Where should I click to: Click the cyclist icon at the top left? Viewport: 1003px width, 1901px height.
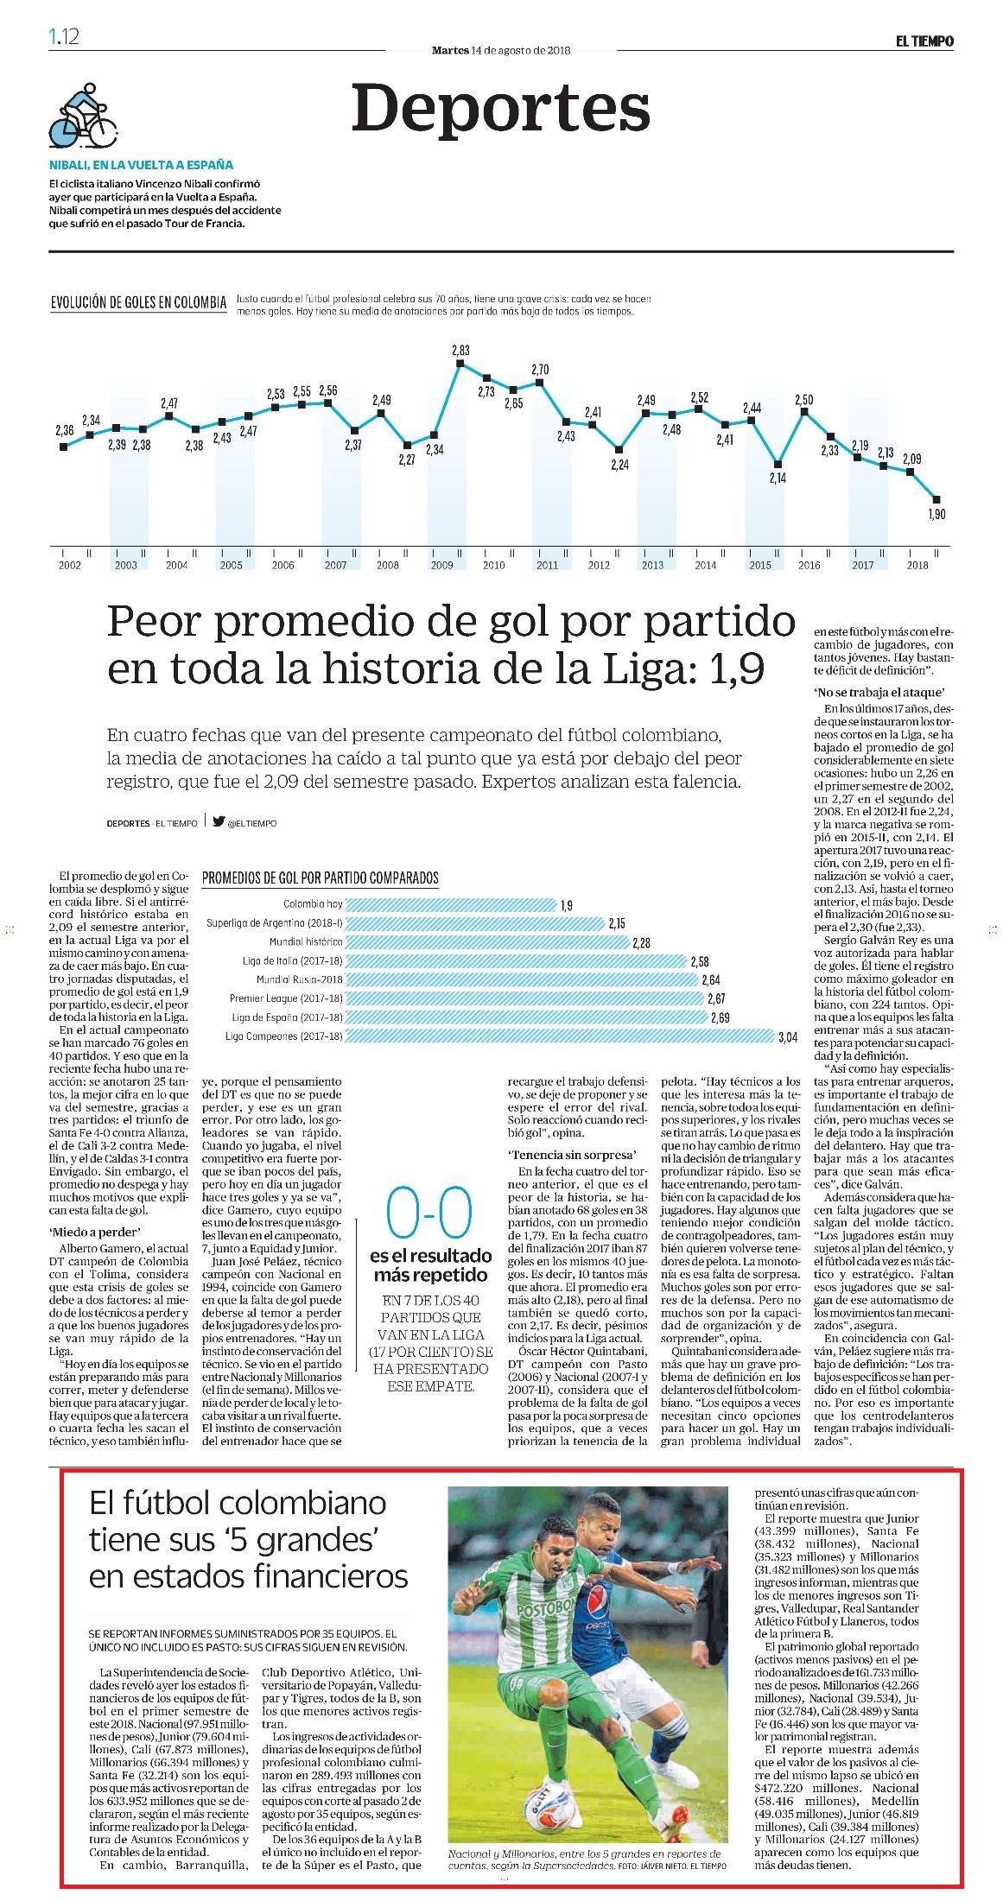(82, 117)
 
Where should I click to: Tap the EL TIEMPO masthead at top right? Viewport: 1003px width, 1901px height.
(924, 40)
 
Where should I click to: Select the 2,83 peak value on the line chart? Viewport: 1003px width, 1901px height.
(460, 350)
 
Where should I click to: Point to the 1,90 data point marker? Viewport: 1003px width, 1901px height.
(936, 498)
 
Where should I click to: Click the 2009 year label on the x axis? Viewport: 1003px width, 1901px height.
(441, 565)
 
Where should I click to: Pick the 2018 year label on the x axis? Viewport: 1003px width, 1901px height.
(917, 565)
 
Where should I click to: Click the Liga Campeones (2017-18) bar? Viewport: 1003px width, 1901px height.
(560, 1036)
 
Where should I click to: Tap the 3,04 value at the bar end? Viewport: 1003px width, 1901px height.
(787, 1036)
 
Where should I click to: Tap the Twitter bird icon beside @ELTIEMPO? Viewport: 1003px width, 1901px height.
(219, 822)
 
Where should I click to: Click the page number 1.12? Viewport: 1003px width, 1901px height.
(65, 36)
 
